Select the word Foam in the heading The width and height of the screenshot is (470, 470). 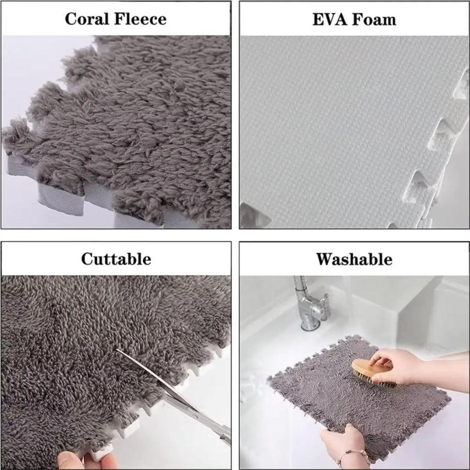point(375,19)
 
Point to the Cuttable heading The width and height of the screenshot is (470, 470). point(116,259)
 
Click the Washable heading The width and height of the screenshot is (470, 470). point(354,259)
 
